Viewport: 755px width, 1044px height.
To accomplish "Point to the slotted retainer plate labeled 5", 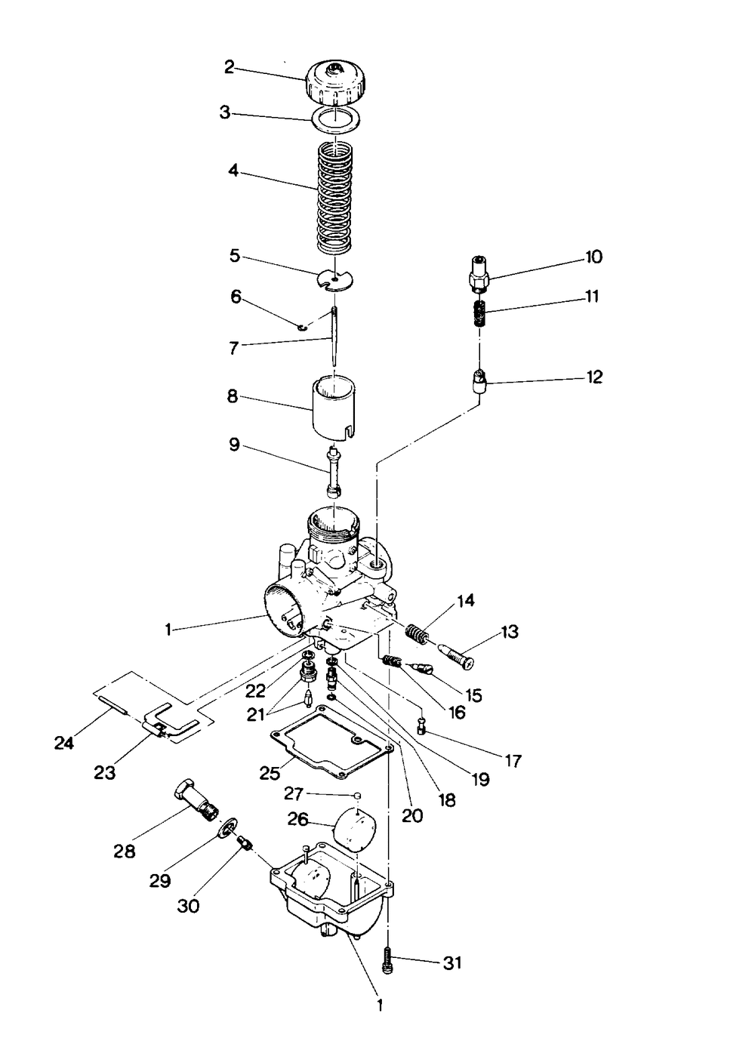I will [334, 279].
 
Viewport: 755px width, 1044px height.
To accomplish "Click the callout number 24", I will [64, 743].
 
